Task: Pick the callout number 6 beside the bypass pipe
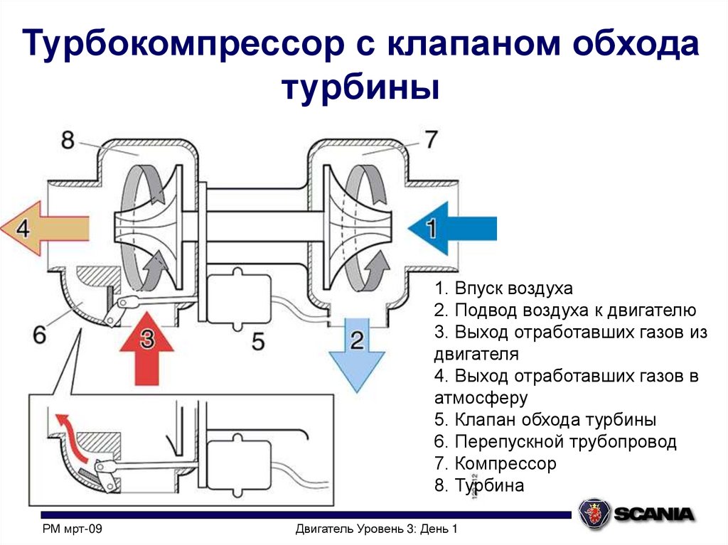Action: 40,334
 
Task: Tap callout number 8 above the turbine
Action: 68,140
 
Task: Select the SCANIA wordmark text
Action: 653,514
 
